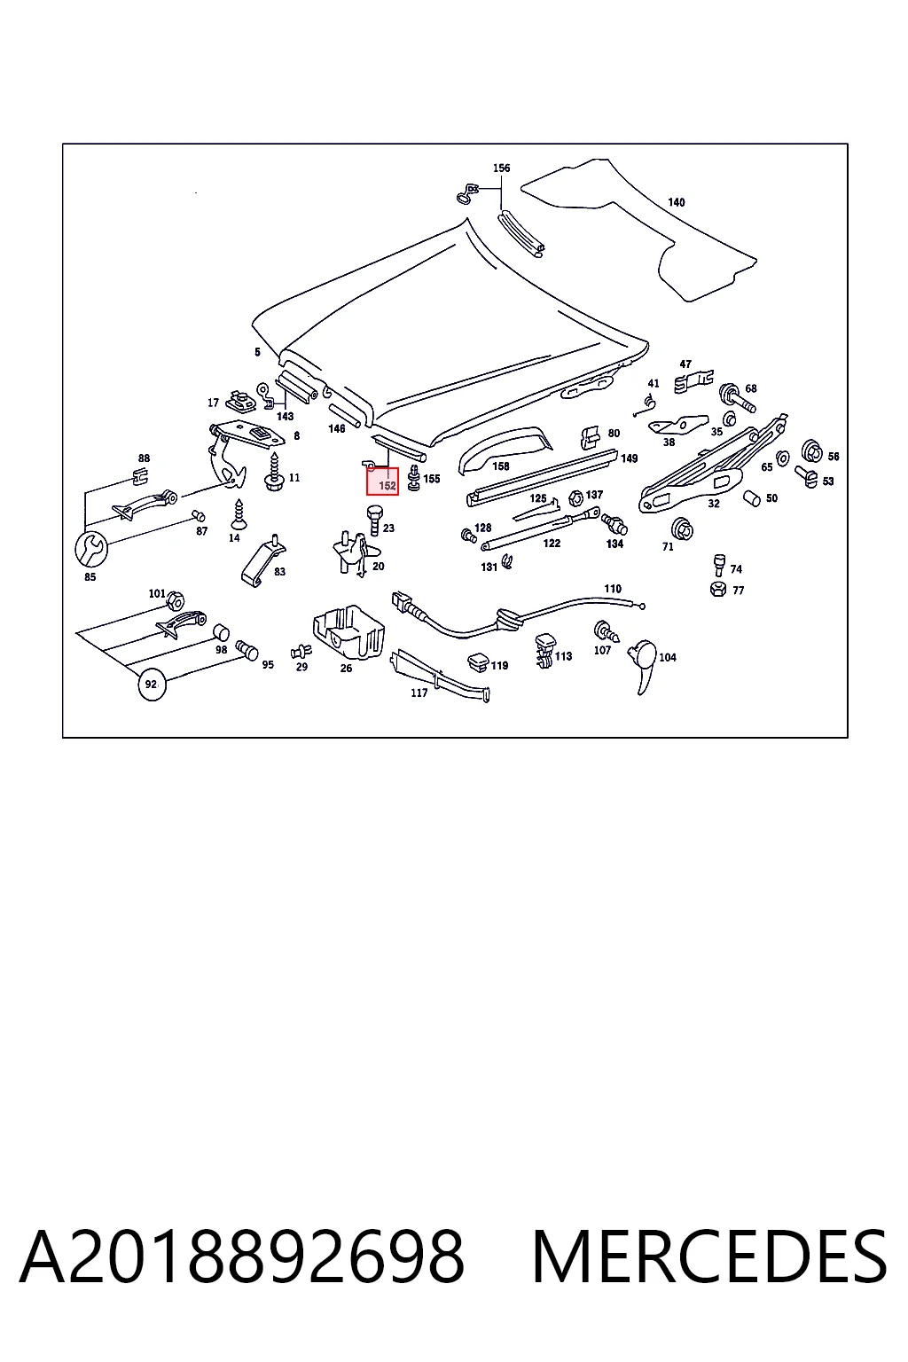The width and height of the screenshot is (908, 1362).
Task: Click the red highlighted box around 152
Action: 382,481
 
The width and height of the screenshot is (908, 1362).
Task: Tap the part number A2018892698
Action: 242,1256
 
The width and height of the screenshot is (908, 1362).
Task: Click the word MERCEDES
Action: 709,1256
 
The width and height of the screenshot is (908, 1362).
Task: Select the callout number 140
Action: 676,202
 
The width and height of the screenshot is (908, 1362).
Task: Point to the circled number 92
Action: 152,684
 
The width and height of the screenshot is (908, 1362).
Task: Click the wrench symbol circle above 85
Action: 91,548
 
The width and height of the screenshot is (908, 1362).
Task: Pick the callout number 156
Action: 501,168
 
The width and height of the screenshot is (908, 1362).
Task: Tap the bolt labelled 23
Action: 374,520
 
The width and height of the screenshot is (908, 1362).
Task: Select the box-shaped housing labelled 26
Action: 349,631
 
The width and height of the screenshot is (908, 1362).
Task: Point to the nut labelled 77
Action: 718,589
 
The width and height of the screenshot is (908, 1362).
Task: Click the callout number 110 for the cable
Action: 613,589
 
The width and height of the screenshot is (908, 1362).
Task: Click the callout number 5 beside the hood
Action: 257,352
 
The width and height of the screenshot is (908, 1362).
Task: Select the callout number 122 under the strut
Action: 552,543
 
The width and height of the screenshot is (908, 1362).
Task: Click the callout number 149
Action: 629,458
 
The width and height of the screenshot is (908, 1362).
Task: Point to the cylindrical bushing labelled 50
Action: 752,498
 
